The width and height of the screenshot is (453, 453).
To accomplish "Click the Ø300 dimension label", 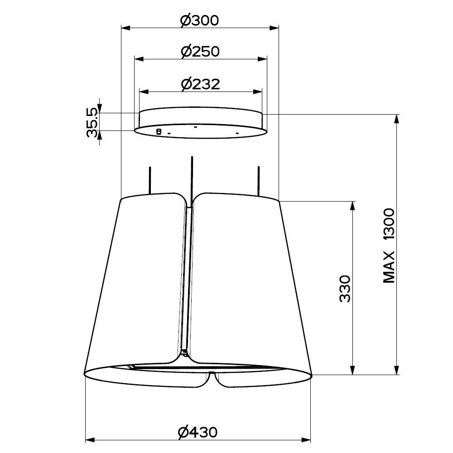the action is pyautogui.click(x=199, y=21).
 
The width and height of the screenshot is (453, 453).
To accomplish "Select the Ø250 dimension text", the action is pyautogui.click(x=200, y=52).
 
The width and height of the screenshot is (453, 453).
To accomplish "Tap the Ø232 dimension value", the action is pyautogui.click(x=201, y=84).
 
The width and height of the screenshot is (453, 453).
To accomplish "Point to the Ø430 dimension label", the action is pyautogui.click(x=198, y=432).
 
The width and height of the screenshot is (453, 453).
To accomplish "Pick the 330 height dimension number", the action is pyautogui.click(x=345, y=289).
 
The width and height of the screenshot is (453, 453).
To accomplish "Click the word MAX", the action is pyautogui.click(x=389, y=267).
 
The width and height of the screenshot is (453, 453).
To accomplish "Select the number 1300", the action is pyautogui.click(x=389, y=224).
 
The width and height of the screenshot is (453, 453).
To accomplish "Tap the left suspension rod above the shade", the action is pyautogui.click(x=150, y=180).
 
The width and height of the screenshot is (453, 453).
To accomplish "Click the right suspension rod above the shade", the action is pyautogui.click(x=259, y=181).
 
